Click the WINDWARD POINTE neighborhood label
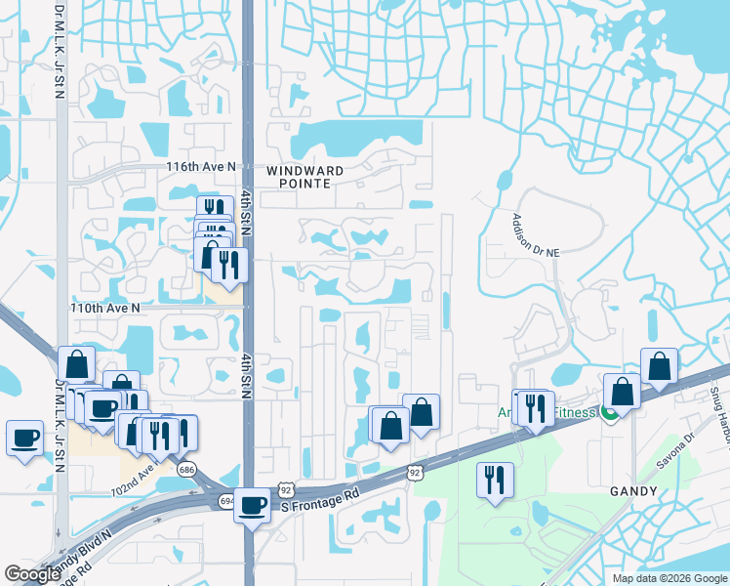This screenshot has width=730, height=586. tap(310, 176)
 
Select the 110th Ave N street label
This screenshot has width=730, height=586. tap(104, 308)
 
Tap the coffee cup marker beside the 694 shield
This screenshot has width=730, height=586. tap(252, 505)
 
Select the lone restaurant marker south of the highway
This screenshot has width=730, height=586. tap(494, 480)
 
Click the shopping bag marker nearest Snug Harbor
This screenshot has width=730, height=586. tap(659, 365)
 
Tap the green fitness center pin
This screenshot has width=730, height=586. tap(609, 414)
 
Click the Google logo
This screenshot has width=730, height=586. tap(33, 574)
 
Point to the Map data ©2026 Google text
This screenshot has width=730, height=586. tap(669, 578)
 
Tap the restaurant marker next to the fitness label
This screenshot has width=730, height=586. tap(535, 408)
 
